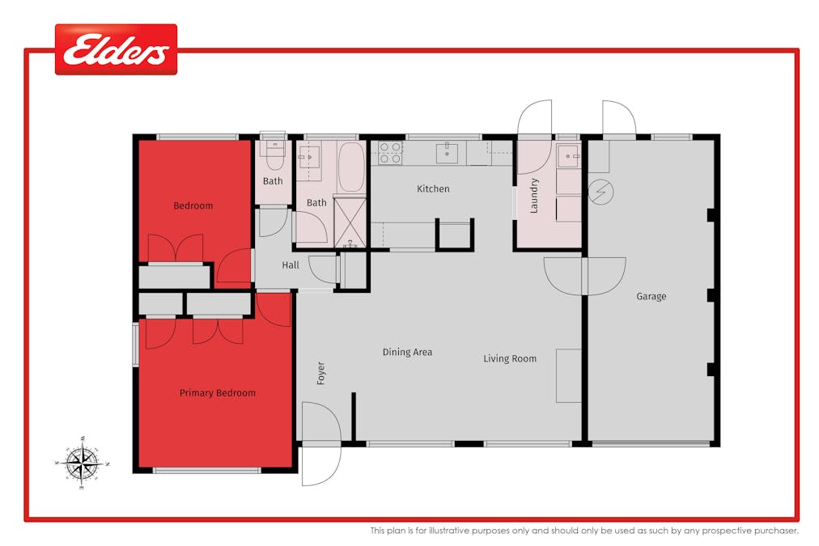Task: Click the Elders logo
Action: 116,50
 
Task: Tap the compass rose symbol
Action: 82,463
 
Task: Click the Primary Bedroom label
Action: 217,393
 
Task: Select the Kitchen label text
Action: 433,188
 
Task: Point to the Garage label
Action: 651,297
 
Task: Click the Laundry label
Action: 534,196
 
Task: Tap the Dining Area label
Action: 407,352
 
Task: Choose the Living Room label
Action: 510,358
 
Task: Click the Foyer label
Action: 320,372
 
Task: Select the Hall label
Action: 291,265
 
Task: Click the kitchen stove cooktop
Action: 390,153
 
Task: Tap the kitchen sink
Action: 447,152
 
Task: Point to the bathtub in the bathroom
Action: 351,167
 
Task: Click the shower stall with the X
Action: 350,221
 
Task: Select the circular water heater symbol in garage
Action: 601,192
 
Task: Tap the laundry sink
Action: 568,155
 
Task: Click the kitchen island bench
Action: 455,235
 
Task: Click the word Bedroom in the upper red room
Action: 193,205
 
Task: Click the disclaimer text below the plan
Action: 584,531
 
